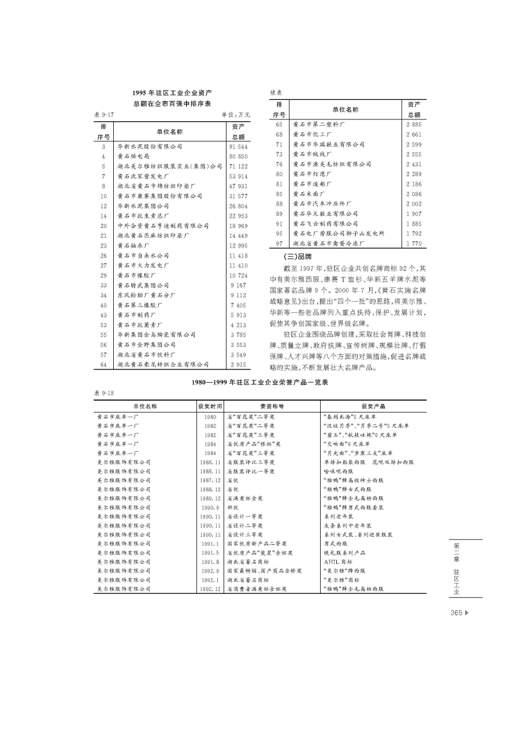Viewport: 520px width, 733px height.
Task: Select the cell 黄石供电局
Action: (133, 156)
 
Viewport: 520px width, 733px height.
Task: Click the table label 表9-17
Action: (104, 115)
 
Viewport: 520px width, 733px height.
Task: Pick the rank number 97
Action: (278, 244)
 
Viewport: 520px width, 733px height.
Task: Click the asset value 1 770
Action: (414, 244)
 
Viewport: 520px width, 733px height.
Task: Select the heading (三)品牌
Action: (297, 256)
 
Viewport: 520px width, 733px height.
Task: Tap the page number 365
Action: (456, 613)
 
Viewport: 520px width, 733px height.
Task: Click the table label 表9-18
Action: (104, 393)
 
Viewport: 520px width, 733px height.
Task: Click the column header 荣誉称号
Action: (272, 406)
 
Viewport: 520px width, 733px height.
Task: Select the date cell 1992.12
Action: (210, 589)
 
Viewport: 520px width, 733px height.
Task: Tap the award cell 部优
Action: (233, 507)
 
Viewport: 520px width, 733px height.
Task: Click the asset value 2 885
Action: (414, 125)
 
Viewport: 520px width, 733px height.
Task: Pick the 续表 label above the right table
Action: (277, 92)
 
